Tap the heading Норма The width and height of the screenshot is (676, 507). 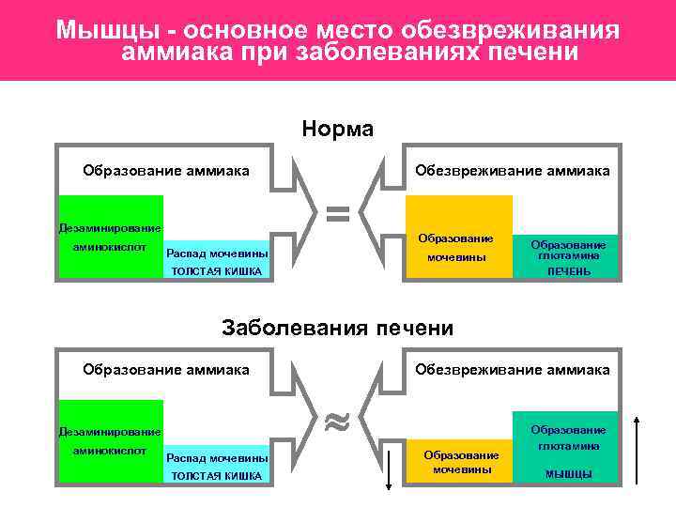tap(338, 129)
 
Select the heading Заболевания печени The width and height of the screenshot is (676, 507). tap(337, 328)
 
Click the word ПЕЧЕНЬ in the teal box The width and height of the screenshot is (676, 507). tap(568, 271)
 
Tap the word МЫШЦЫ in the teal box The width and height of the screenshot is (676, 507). tap(568, 473)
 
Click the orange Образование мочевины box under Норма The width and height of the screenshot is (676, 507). tap(459, 238)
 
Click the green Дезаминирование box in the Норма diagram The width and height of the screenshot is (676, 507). tap(110, 237)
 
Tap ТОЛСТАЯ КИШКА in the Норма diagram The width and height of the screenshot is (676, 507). tap(216, 272)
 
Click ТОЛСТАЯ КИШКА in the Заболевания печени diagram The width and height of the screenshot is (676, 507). tap(216, 476)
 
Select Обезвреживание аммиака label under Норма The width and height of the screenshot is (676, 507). tap(513, 170)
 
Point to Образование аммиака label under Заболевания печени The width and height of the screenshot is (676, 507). tap(166, 369)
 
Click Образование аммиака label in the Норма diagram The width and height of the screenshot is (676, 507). tap(166, 170)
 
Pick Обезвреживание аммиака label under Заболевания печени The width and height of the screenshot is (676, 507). tap(513, 369)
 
